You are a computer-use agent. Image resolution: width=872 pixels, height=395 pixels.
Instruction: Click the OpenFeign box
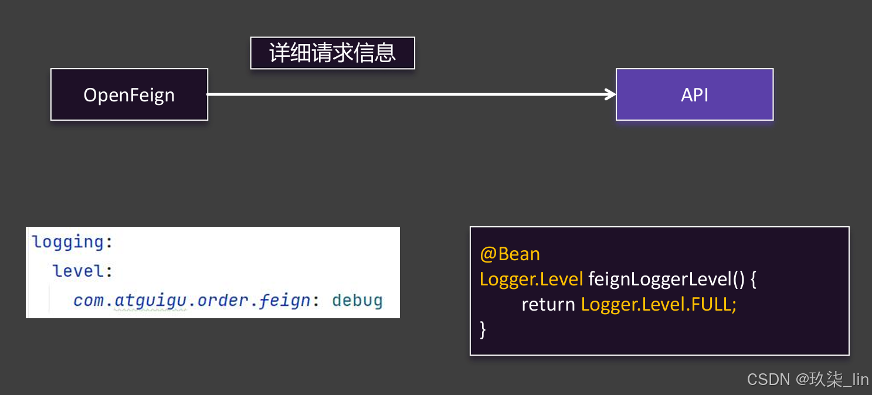click(129, 95)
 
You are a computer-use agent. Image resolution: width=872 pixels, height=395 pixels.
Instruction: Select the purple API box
click(694, 95)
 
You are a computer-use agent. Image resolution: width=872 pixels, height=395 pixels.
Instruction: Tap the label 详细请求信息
click(332, 53)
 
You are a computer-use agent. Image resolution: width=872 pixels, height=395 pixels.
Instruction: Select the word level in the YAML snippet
click(79, 271)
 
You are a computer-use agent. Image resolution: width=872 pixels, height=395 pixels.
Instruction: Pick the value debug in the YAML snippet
click(357, 301)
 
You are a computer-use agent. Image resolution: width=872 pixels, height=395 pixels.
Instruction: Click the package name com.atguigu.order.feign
click(192, 301)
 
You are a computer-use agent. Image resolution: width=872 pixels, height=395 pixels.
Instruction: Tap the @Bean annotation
click(510, 254)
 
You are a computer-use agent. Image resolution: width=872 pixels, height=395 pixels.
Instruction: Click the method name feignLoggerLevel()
click(666, 279)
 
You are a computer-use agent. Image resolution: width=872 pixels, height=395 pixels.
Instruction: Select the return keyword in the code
click(548, 305)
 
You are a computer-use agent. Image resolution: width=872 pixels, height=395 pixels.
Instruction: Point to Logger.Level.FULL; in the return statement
click(659, 305)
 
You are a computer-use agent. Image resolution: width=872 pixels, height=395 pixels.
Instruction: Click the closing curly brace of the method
click(483, 329)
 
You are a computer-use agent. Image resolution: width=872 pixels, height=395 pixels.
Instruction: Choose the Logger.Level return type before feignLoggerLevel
click(531, 279)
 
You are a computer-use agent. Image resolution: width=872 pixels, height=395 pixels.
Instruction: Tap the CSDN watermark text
click(768, 379)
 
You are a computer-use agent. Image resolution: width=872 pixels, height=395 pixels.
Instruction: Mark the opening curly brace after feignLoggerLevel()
click(754, 279)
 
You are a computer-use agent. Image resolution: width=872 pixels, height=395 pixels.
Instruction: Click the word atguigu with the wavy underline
click(151, 301)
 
